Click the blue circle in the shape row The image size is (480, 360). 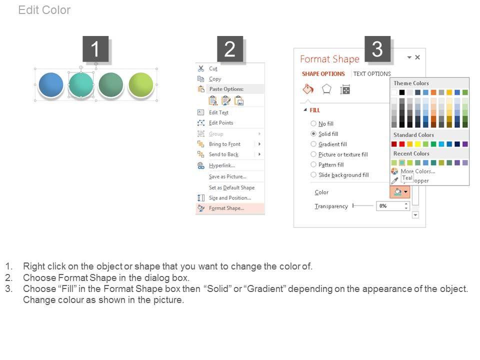(x=51, y=85)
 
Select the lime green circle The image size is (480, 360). (x=141, y=85)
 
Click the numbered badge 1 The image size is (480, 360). (x=95, y=49)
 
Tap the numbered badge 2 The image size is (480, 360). (x=230, y=49)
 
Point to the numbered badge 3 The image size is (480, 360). (x=377, y=49)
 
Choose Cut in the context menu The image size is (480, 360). (x=213, y=68)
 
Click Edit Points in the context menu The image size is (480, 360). (x=221, y=123)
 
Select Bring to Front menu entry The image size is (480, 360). (x=224, y=144)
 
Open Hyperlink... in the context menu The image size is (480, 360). (x=222, y=165)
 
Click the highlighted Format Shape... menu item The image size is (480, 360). (x=226, y=208)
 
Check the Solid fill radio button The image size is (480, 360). (x=313, y=134)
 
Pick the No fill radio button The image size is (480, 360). (x=313, y=123)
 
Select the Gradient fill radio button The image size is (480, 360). (x=313, y=144)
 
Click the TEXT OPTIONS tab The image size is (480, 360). (x=372, y=74)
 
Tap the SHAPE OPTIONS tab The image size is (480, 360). (x=323, y=74)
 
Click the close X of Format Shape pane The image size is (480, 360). (x=417, y=57)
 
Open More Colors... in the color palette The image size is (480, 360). (x=418, y=171)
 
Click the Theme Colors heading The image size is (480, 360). (x=411, y=83)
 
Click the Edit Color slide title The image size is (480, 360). (x=44, y=10)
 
